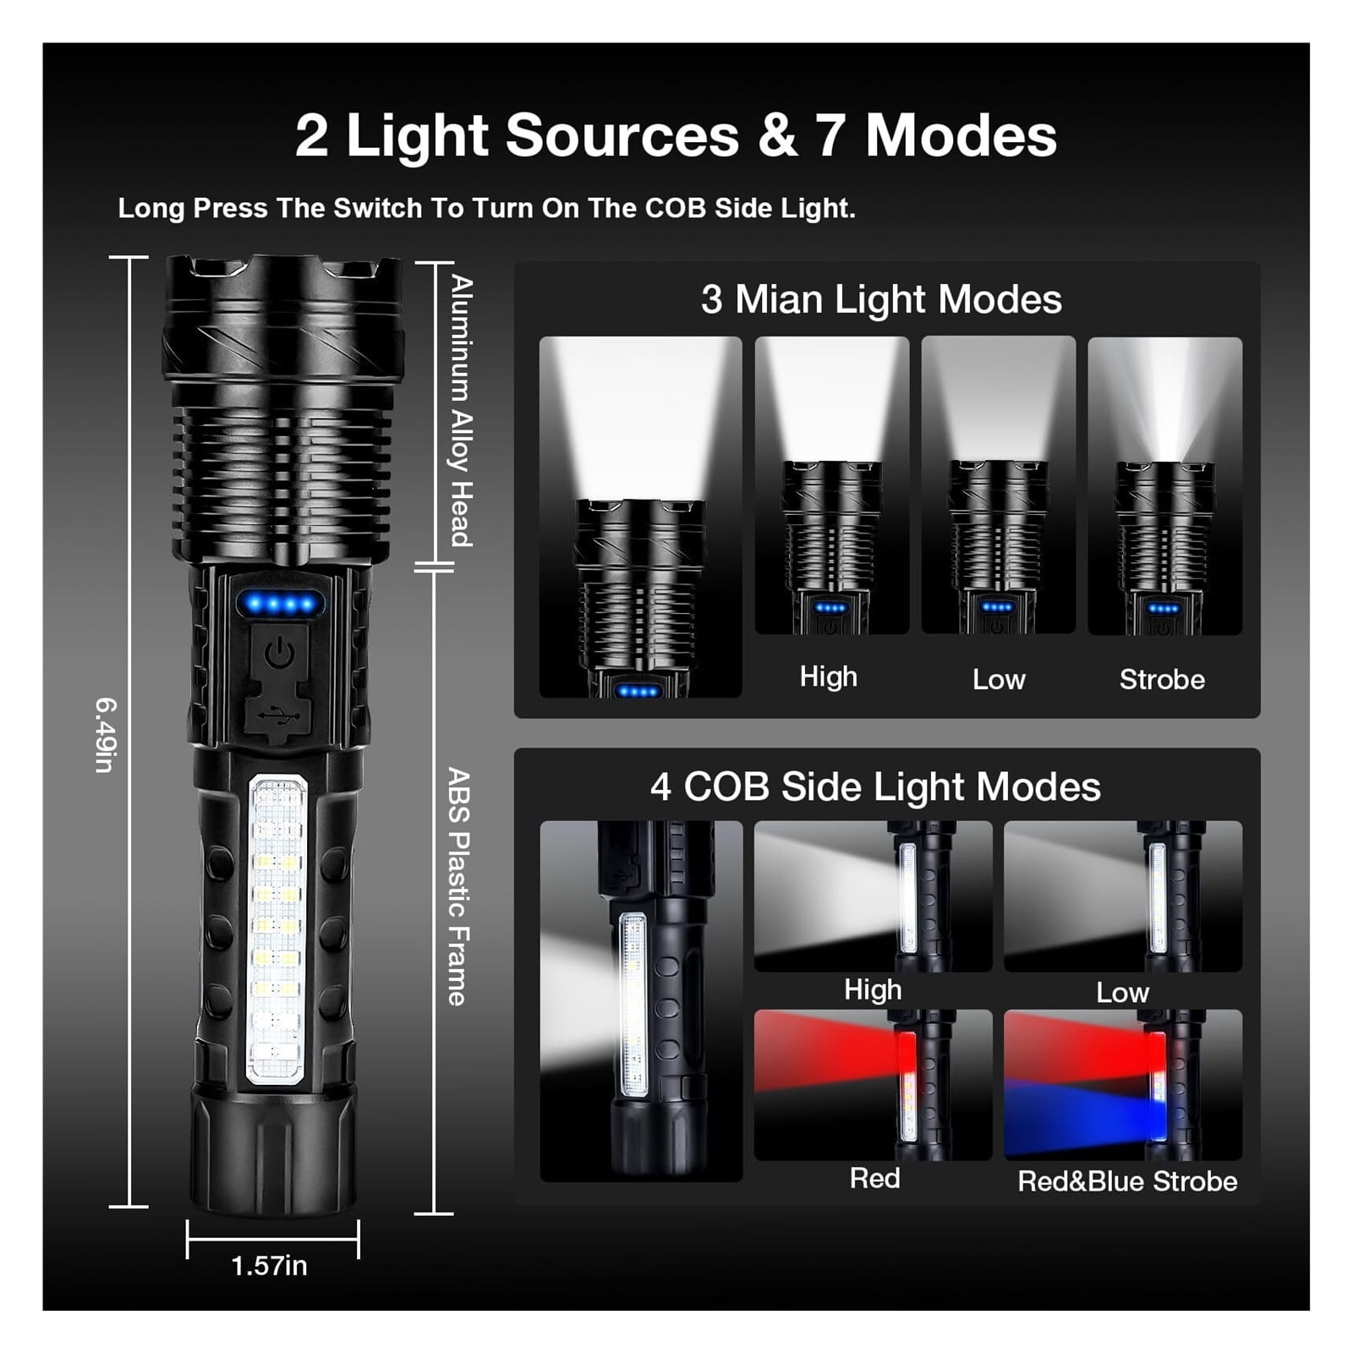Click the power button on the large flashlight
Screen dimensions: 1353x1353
[x=279, y=652]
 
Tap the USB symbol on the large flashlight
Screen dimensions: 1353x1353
[x=279, y=716]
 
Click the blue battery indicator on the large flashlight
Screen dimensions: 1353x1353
[x=280, y=605]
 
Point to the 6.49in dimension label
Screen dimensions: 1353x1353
[x=105, y=734]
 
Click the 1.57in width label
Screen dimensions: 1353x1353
[x=269, y=1266]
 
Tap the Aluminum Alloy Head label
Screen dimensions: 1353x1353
[x=461, y=410]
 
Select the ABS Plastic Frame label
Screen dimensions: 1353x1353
[x=457, y=886]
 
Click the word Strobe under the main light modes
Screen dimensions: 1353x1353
[x=1162, y=679]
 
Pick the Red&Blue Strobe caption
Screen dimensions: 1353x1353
[x=1127, y=1181]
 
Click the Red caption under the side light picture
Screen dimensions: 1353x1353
[x=874, y=1178]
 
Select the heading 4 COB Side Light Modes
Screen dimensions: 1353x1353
[x=875, y=786]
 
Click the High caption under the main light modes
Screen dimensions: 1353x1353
[x=829, y=676]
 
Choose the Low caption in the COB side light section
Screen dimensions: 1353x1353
[x=1122, y=992]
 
